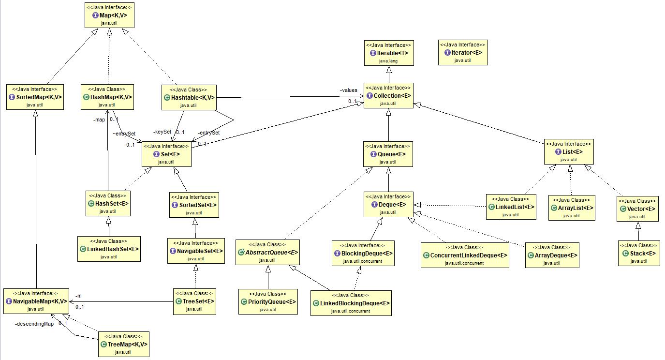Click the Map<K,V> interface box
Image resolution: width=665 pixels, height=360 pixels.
coord(109,15)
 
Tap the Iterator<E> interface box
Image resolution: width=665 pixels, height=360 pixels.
coord(463,53)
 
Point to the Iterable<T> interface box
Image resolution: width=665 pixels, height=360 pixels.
coord(389,53)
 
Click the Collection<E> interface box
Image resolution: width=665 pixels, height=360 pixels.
coord(388,96)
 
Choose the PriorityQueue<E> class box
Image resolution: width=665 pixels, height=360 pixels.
coord(268,301)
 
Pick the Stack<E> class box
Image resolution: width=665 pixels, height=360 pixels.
coord(638,253)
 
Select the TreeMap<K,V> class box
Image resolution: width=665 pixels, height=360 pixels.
coord(124,344)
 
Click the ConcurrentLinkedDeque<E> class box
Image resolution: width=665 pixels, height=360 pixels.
coord(465,255)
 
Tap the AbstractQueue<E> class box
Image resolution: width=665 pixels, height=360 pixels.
coord(267,252)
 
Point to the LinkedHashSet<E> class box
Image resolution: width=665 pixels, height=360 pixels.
coord(109,249)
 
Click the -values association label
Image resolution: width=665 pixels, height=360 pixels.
coord(348,90)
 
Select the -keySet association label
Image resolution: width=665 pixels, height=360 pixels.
coord(162,132)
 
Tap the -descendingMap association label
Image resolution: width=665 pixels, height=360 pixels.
coord(34,324)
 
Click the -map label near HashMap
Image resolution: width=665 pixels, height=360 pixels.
coord(99,119)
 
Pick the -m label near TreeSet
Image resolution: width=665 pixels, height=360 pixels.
coord(78,296)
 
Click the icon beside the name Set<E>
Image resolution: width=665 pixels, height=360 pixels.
coord(156,154)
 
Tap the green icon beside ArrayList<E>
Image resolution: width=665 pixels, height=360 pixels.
coord(555,208)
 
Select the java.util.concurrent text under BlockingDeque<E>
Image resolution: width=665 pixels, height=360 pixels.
coord(363,261)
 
